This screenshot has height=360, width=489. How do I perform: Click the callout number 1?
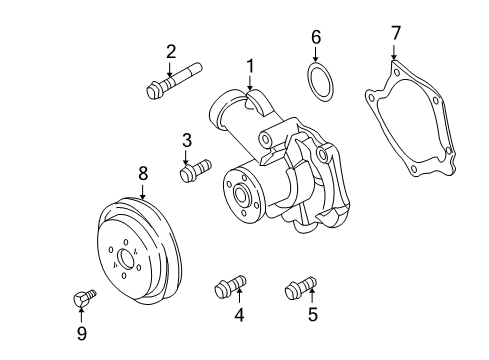(250, 66)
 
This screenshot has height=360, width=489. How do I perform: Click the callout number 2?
(171, 51)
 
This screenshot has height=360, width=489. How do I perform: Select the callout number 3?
(186, 140)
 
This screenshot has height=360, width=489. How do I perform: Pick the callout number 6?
(316, 37)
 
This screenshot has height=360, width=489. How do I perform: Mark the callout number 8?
(143, 174)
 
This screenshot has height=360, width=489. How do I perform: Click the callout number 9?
(82, 333)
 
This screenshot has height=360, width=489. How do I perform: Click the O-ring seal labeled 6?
(319, 79)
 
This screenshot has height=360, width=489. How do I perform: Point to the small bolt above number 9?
(84, 299)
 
